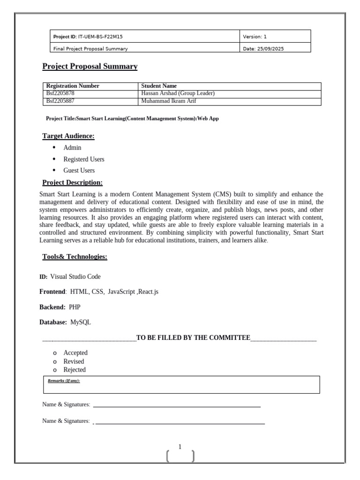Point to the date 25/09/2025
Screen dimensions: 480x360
tap(270, 48)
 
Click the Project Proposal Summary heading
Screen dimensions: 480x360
tap(90, 67)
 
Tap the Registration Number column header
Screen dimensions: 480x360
tap(73, 86)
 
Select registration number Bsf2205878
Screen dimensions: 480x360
tap(60, 94)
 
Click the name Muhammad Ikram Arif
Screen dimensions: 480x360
tap(168, 101)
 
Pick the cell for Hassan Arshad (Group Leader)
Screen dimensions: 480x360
tap(178, 94)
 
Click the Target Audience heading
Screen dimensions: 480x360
tap(68, 136)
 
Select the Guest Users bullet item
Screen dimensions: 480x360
tap(79, 171)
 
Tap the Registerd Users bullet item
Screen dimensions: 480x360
tap(84, 159)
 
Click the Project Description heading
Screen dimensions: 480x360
tap(73, 183)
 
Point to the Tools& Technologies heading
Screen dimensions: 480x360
tap(75, 257)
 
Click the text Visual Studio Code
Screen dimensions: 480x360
tap(75, 277)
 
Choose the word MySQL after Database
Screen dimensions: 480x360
tap(81, 322)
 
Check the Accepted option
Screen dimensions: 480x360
tap(75, 353)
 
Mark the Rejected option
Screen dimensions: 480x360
tap(75, 370)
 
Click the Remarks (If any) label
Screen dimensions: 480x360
tap(64, 381)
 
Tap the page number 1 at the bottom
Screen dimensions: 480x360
tap(180, 447)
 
